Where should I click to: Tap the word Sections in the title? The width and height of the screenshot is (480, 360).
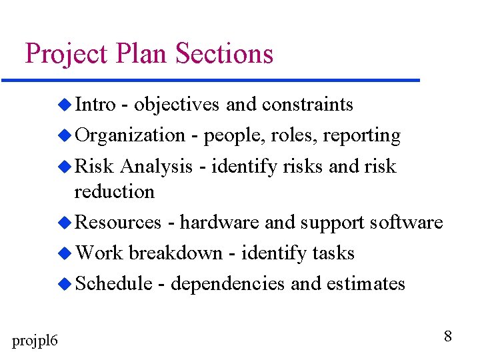(x=225, y=53)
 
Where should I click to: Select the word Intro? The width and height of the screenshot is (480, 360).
(x=94, y=105)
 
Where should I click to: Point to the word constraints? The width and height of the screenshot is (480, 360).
(x=307, y=105)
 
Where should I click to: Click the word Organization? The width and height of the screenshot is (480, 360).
(x=129, y=136)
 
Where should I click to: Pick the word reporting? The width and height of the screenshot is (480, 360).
(x=362, y=136)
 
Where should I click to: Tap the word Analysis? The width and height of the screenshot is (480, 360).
(x=157, y=167)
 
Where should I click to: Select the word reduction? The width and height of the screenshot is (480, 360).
(x=114, y=192)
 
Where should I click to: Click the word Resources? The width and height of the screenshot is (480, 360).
(x=118, y=223)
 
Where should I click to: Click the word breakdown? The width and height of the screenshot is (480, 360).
(x=175, y=253)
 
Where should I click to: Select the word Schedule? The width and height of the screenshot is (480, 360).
(x=113, y=284)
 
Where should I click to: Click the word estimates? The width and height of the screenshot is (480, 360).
(x=366, y=284)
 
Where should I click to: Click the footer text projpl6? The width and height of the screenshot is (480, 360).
(x=35, y=341)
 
